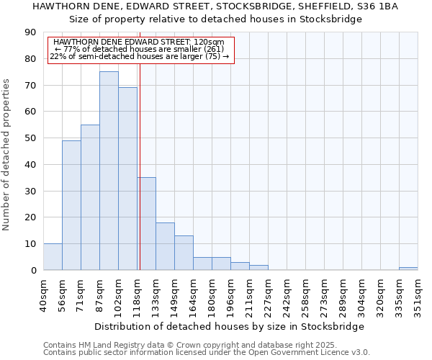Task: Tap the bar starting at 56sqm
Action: click(x=71, y=205)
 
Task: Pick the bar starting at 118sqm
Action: click(x=146, y=223)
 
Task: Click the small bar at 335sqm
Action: click(x=408, y=269)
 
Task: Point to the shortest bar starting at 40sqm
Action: click(x=53, y=257)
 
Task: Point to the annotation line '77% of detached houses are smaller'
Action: click(x=140, y=49)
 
